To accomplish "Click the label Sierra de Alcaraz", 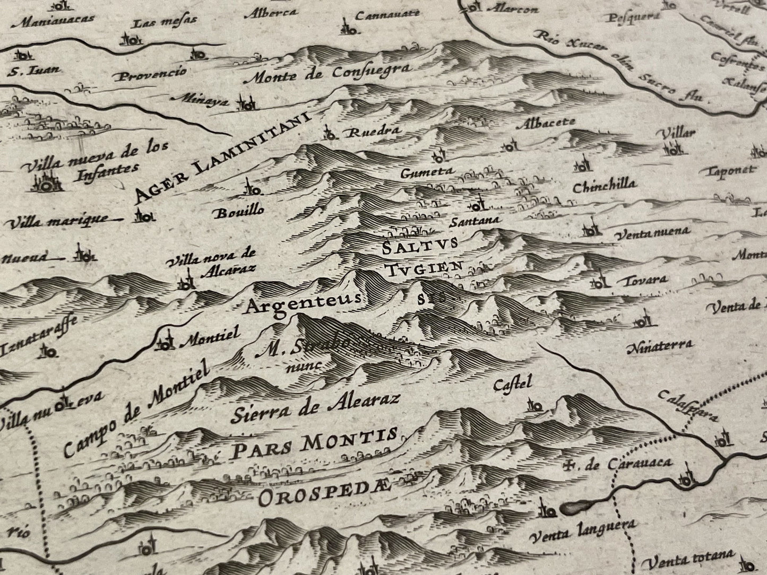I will [x=315, y=407].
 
